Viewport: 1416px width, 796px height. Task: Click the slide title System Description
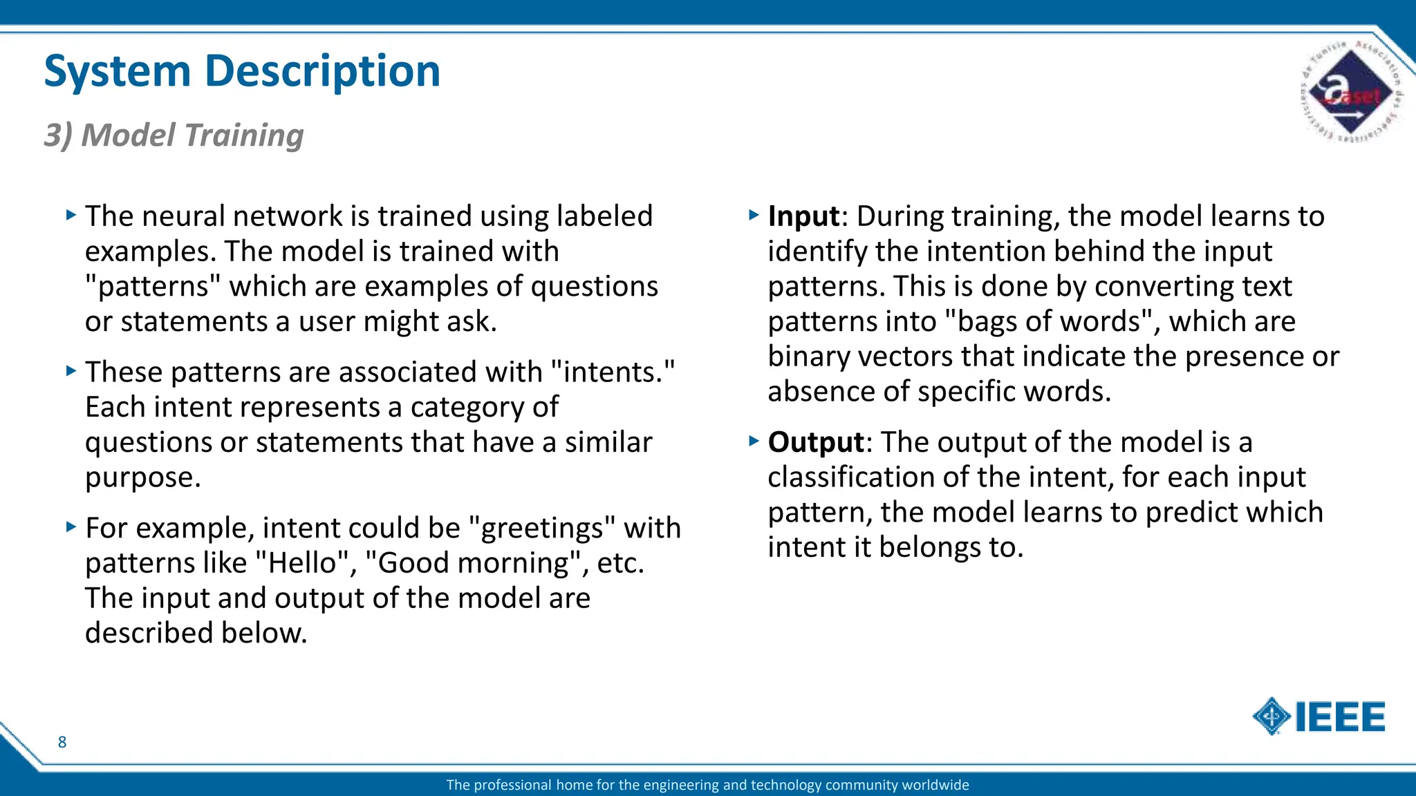click(x=242, y=71)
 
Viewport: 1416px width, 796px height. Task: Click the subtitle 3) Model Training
click(x=174, y=135)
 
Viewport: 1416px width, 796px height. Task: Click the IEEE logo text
click(x=1339, y=717)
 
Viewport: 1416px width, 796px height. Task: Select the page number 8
click(x=62, y=742)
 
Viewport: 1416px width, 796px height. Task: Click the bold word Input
click(x=803, y=216)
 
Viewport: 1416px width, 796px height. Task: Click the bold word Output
click(x=816, y=442)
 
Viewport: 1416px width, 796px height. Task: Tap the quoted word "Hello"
click(x=301, y=563)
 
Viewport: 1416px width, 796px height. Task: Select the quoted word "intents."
click(x=613, y=372)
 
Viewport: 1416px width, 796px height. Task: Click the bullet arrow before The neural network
click(x=71, y=215)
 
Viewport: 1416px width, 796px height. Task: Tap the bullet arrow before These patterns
click(x=71, y=371)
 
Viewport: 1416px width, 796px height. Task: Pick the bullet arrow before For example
click(x=71, y=527)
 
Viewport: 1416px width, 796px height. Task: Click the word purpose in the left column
click(x=142, y=478)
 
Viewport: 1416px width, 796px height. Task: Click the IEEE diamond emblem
click(x=1271, y=717)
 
